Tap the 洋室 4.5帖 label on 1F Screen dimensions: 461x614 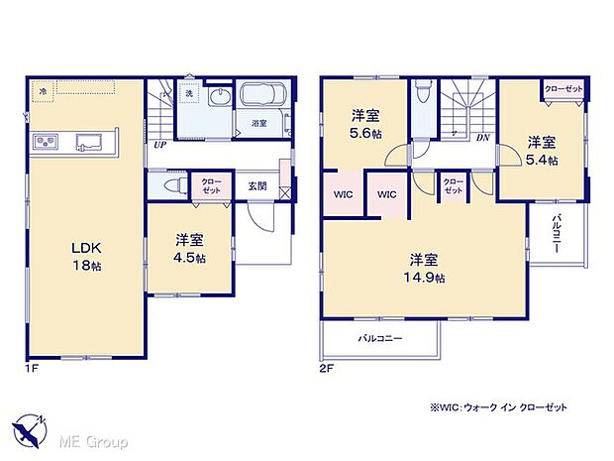[x=191, y=249]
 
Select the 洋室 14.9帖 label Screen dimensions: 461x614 [x=423, y=269]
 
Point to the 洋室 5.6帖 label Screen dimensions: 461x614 [x=365, y=121]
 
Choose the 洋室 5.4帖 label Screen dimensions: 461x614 [x=541, y=149]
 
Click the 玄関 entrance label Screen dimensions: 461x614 [x=257, y=185]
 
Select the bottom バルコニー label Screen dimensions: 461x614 [x=379, y=338]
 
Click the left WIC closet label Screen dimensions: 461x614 [x=342, y=193]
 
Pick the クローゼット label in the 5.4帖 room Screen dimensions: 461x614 [x=563, y=90]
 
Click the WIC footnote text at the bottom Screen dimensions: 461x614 [x=498, y=407]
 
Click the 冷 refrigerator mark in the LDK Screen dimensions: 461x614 [x=44, y=91]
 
